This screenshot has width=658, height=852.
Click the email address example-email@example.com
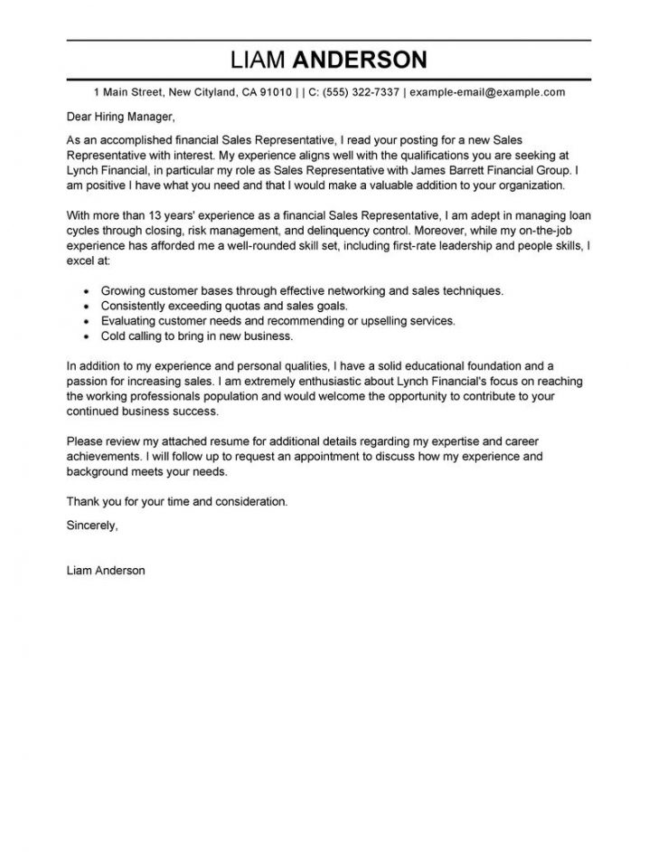[487, 92]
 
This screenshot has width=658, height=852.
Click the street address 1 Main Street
[128, 92]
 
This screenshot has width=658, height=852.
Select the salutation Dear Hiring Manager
[118, 117]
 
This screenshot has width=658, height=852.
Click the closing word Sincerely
[92, 523]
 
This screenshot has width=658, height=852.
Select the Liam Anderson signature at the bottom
[106, 571]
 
